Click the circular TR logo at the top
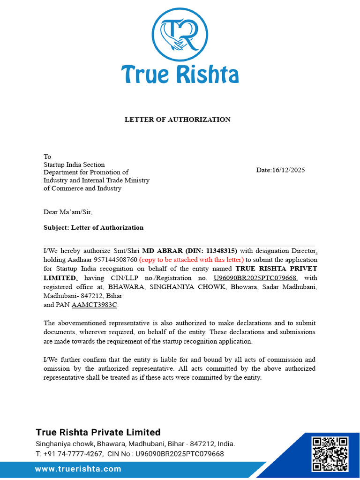pos(180,33)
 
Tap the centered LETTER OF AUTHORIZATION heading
pos(177,120)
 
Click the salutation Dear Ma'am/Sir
pos(68,212)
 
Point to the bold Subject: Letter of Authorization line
pos(93,228)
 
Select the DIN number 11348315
pos(219,250)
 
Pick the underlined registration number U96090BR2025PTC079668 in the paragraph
pos(256,278)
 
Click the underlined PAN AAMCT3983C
pos(95,305)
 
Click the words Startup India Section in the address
pos(74,165)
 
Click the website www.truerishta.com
pos(78,469)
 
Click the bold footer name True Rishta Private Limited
pos(98,432)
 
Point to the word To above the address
pos(47,157)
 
